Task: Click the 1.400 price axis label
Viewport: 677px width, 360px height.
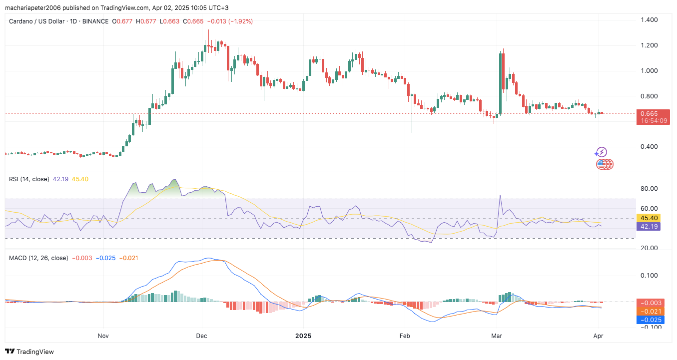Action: (x=650, y=20)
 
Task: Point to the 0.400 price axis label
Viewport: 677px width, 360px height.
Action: (x=650, y=147)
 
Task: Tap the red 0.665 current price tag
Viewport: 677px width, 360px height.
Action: (x=650, y=113)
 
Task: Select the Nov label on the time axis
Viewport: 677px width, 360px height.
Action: (x=103, y=336)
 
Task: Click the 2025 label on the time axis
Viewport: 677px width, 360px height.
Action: (x=303, y=336)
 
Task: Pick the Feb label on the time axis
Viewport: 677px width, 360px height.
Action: (x=405, y=336)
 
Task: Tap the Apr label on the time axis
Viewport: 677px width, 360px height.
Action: (x=599, y=336)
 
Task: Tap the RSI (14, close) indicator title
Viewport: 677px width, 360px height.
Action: (x=30, y=179)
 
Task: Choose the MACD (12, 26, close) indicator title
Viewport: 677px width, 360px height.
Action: (x=38, y=258)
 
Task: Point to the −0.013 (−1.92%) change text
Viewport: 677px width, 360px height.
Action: (x=230, y=21)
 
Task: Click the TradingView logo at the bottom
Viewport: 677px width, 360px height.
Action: (x=29, y=352)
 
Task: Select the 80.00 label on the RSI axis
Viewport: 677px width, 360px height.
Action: (x=650, y=189)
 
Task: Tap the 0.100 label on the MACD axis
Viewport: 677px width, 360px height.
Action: (x=650, y=276)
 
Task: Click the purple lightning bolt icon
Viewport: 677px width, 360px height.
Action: (x=602, y=152)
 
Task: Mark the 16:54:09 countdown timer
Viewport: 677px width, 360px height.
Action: (x=654, y=121)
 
